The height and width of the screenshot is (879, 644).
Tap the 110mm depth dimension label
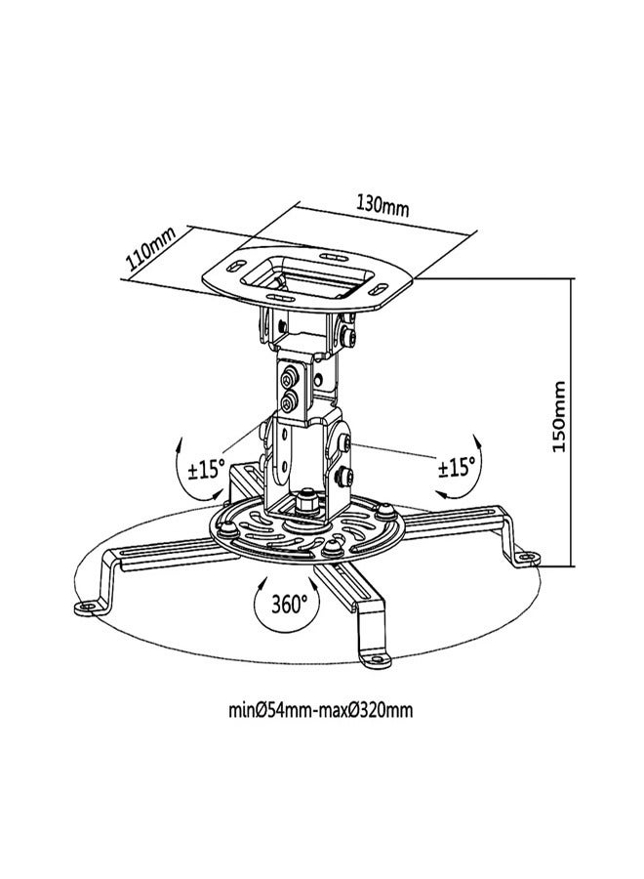click(149, 253)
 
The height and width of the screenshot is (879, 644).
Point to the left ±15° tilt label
click(207, 469)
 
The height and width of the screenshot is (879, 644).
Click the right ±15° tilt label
click(457, 467)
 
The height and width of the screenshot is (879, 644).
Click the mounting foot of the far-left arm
click(88, 607)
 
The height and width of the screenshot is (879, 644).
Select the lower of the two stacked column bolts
click(289, 401)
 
